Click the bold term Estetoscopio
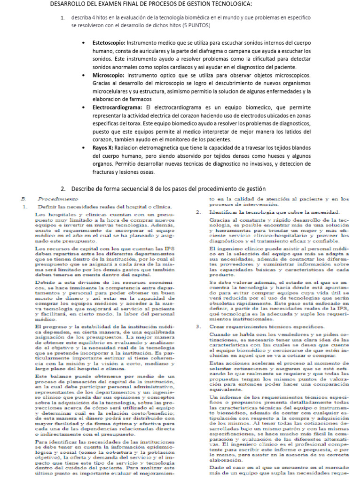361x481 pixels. tap(110, 43)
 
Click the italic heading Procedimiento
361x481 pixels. tap(54, 199)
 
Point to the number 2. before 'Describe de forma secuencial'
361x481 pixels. tap(63, 188)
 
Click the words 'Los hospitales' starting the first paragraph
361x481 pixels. tap(53, 215)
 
